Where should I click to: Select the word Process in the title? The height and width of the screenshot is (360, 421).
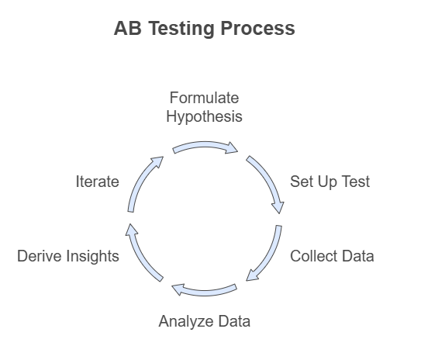(x=257, y=28)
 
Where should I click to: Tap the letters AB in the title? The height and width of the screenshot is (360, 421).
(x=127, y=28)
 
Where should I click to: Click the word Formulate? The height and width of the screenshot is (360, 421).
(x=204, y=98)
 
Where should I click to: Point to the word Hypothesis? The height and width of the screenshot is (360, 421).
(x=204, y=117)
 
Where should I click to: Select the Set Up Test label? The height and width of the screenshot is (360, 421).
(x=330, y=182)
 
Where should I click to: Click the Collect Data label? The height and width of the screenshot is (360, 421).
(x=332, y=256)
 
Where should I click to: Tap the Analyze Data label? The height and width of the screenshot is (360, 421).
(x=205, y=321)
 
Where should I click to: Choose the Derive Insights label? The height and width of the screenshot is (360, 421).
(x=68, y=256)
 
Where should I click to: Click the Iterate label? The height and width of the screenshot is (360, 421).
(x=98, y=182)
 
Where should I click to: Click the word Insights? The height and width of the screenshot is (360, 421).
(x=92, y=256)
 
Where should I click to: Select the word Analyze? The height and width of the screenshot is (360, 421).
(x=186, y=321)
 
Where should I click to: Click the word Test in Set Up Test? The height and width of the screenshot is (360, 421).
(x=357, y=182)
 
